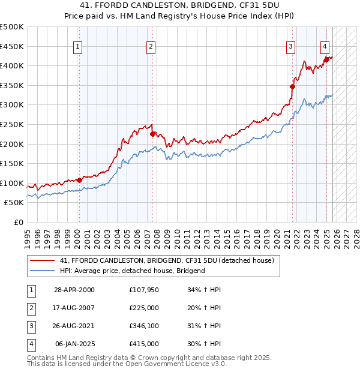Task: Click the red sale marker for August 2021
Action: click(x=293, y=86)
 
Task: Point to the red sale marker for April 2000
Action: click(x=80, y=180)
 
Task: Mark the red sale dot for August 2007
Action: click(x=152, y=134)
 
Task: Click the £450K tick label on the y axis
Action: click(x=12, y=46)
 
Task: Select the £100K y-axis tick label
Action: click(x=12, y=183)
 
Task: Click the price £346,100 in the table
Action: click(x=144, y=328)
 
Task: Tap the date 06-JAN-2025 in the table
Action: click(x=74, y=344)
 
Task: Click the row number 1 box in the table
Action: click(x=31, y=290)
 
